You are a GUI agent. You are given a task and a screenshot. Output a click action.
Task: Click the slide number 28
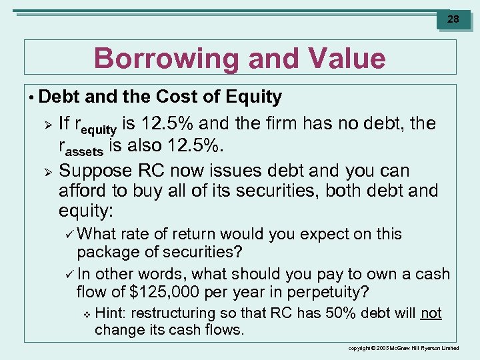click(x=453, y=19)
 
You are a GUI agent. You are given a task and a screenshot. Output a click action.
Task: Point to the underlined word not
click(x=431, y=313)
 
